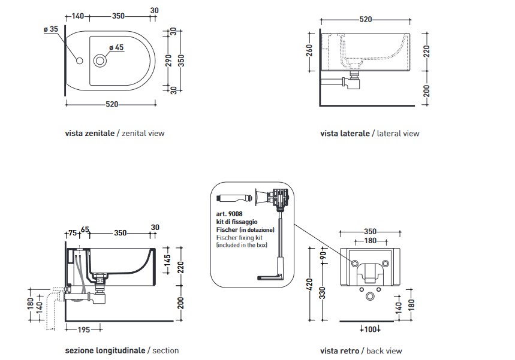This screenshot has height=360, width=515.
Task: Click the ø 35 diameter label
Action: click(x=50, y=29)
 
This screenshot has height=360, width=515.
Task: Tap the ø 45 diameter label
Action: click(x=116, y=47)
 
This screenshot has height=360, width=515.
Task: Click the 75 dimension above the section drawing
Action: click(x=72, y=233)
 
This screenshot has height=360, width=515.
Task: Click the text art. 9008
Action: click(x=228, y=214)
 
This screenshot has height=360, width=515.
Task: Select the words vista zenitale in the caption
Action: click(x=89, y=134)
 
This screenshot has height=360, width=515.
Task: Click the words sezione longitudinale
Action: click(x=105, y=350)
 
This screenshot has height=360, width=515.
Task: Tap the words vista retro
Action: click(x=339, y=350)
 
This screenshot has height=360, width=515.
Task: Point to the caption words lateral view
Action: click(x=398, y=134)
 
